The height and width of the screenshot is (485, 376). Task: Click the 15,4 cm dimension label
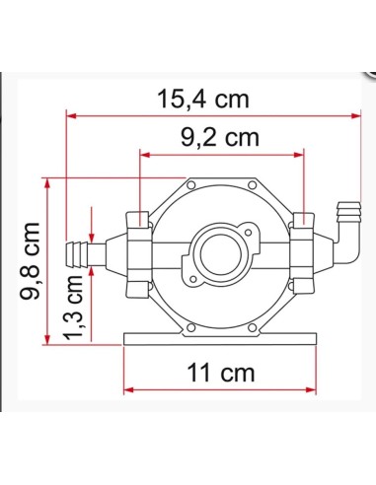click(203, 100)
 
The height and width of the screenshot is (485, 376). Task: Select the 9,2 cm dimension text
click(220, 138)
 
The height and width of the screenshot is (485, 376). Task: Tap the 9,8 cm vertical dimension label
click(30, 261)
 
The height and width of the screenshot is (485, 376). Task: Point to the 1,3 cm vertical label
click(73, 309)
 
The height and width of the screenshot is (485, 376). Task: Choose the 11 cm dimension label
click(221, 373)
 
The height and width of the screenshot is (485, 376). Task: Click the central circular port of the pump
click(217, 253)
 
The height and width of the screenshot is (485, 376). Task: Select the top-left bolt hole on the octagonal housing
click(190, 185)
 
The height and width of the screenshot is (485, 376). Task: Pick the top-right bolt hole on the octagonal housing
click(253, 185)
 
